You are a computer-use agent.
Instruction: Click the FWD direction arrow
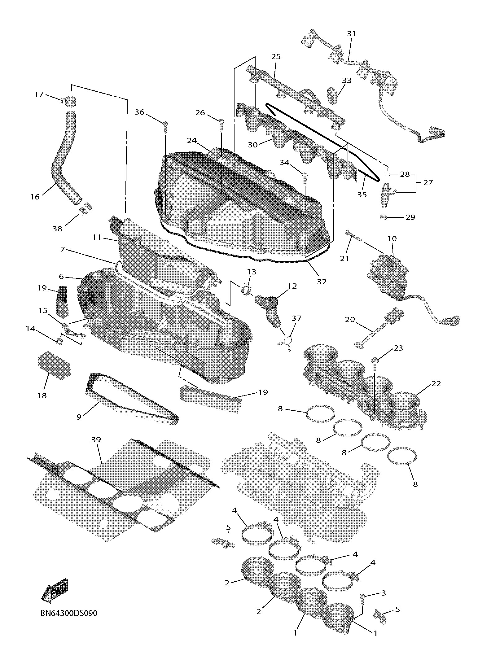click(55, 591)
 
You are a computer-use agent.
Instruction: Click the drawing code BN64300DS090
click(69, 613)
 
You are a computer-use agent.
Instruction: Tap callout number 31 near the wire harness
click(351, 34)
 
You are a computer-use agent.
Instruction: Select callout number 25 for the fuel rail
click(276, 57)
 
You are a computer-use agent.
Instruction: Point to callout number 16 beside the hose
click(35, 196)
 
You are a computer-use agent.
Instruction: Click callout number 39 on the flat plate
click(96, 439)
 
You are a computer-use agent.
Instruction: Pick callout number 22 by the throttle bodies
click(436, 383)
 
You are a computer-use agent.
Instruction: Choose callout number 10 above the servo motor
click(392, 239)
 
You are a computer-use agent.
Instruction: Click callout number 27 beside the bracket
click(428, 183)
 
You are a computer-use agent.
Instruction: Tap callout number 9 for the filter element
click(79, 417)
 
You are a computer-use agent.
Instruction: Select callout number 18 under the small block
click(42, 396)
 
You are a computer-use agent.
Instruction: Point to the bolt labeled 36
click(165, 125)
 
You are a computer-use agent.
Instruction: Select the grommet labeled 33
click(332, 95)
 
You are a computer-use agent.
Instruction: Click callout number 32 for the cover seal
click(322, 281)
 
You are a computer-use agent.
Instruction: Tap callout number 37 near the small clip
click(296, 318)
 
